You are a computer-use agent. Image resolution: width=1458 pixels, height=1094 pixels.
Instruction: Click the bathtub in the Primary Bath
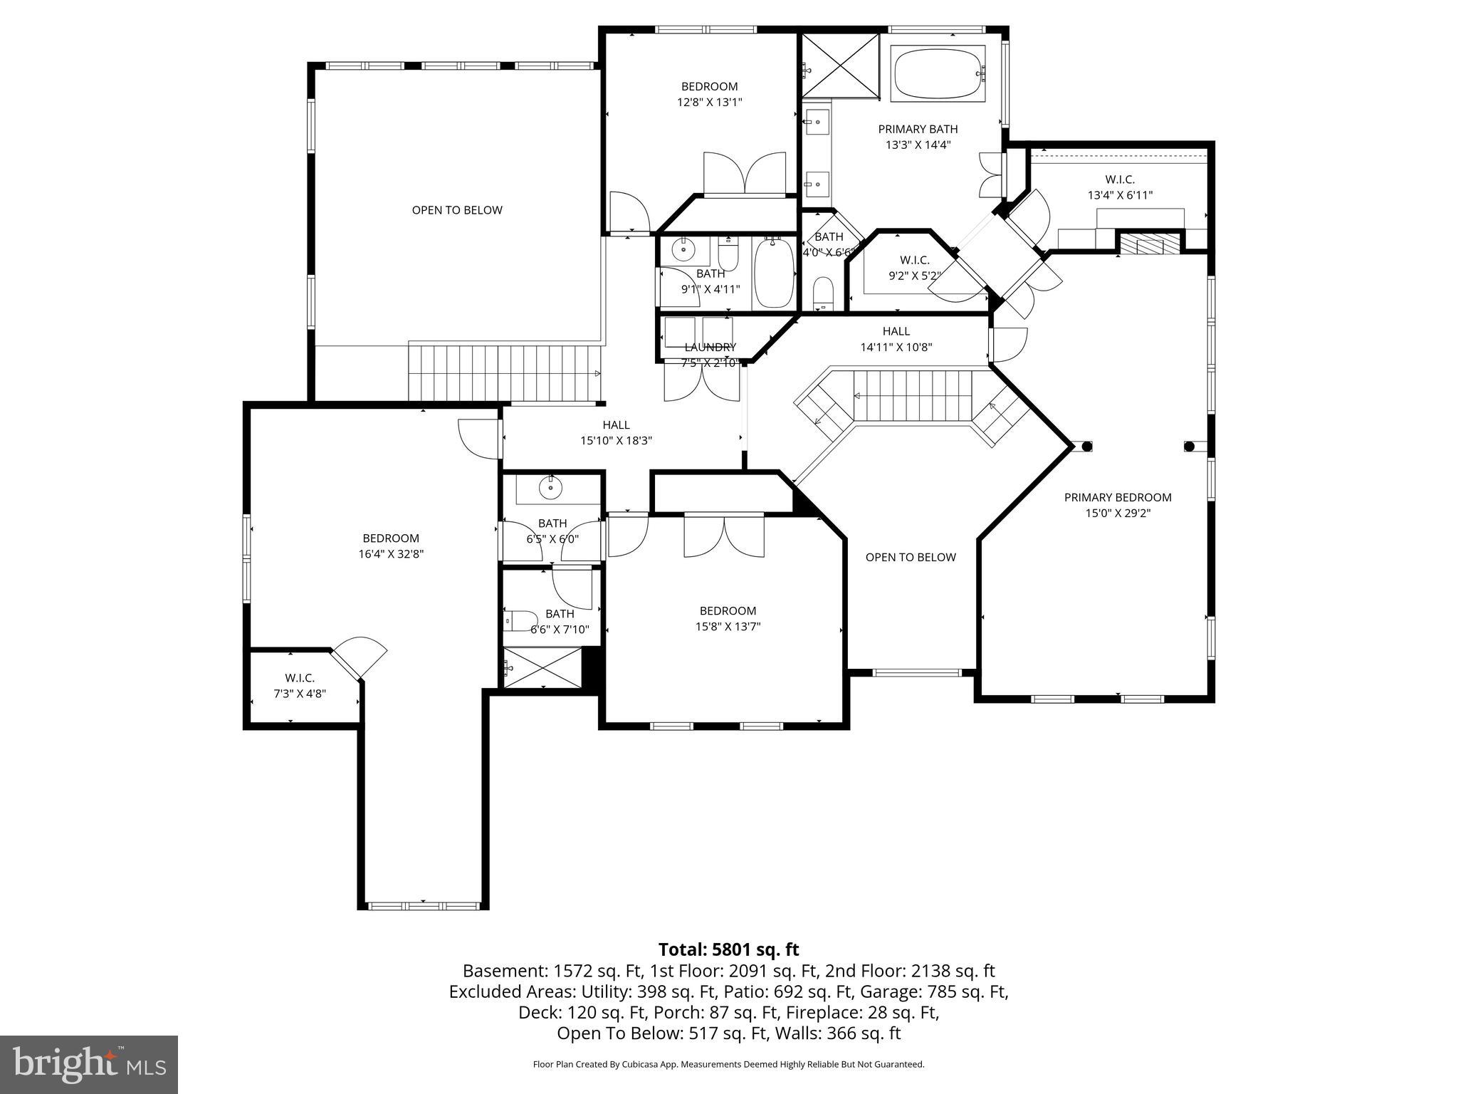[x=939, y=73]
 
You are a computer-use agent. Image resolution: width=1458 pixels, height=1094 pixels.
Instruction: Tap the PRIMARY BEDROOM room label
[x=1118, y=497]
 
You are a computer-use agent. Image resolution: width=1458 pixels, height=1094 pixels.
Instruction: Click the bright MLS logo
[x=89, y=1064]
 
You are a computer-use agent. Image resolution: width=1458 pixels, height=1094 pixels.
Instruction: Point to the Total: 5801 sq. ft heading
[x=728, y=949]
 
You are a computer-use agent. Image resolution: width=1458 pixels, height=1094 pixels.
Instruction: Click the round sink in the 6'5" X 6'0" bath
[x=550, y=488]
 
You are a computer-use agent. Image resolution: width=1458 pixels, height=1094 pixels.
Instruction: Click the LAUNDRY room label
[x=710, y=347]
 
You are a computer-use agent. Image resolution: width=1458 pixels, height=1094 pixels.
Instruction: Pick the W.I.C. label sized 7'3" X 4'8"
[x=300, y=677]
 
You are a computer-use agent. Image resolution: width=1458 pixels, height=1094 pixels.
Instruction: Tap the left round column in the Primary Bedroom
[x=1086, y=447]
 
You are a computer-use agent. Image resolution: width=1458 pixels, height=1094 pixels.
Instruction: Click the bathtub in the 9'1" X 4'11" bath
[x=773, y=273]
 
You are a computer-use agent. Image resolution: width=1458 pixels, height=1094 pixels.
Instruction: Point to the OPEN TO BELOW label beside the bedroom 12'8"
[x=457, y=210]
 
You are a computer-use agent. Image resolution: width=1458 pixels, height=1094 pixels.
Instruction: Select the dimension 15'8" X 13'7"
[x=728, y=627]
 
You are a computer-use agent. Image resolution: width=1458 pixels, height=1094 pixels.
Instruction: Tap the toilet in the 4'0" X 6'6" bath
[x=822, y=293]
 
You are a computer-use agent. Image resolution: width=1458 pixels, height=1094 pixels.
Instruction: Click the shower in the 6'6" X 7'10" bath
[x=542, y=667]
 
